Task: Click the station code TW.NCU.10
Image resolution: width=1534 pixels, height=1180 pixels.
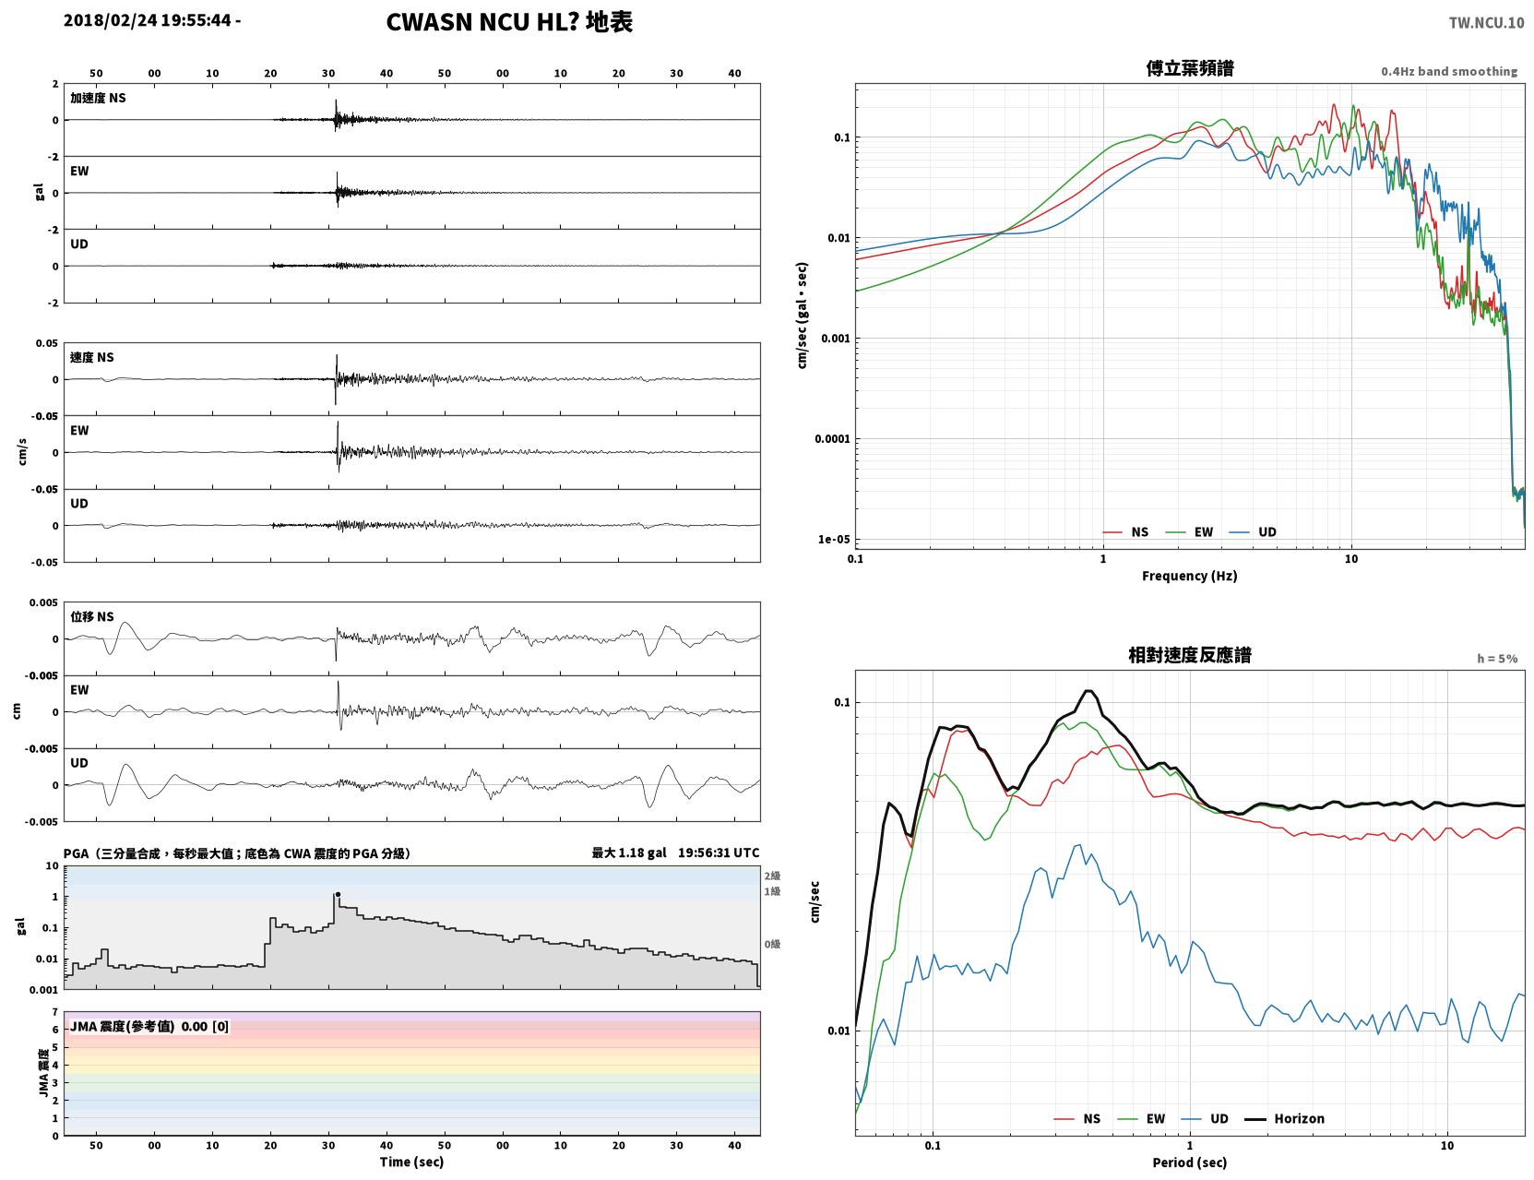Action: pos(1486,22)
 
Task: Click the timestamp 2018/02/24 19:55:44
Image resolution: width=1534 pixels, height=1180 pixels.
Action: pos(147,19)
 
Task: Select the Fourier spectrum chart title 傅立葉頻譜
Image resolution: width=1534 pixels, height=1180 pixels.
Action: pos(1190,68)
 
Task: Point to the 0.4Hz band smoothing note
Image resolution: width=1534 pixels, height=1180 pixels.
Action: pos(1448,71)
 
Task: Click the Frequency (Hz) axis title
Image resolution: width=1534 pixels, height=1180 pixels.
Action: pos(1190,576)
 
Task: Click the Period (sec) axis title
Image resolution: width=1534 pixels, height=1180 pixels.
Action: pos(1190,1162)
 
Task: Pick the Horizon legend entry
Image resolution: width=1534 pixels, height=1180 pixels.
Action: pos(1284,1118)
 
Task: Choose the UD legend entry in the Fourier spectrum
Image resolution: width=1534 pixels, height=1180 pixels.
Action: pos(1253,532)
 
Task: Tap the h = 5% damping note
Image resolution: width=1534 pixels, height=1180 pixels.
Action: pos(1496,659)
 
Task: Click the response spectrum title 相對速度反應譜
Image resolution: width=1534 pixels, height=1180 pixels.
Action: pos(1190,655)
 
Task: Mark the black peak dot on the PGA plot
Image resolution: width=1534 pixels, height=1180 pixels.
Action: pos(339,894)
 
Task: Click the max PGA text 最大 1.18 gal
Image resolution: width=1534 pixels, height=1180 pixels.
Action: pos(628,852)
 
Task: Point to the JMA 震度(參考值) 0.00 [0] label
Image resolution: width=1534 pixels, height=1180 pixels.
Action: pos(149,1026)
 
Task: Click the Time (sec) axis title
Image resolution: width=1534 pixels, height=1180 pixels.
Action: pos(411,1162)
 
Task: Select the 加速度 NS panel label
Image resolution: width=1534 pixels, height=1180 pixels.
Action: pos(98,98)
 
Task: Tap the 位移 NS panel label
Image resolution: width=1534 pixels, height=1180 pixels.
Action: pos(91,617)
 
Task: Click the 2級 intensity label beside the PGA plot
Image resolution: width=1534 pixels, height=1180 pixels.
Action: pos(772,876)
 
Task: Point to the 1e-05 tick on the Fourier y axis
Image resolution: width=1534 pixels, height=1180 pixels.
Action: pos(834,539)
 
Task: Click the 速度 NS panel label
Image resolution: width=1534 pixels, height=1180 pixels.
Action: pos(91,357)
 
